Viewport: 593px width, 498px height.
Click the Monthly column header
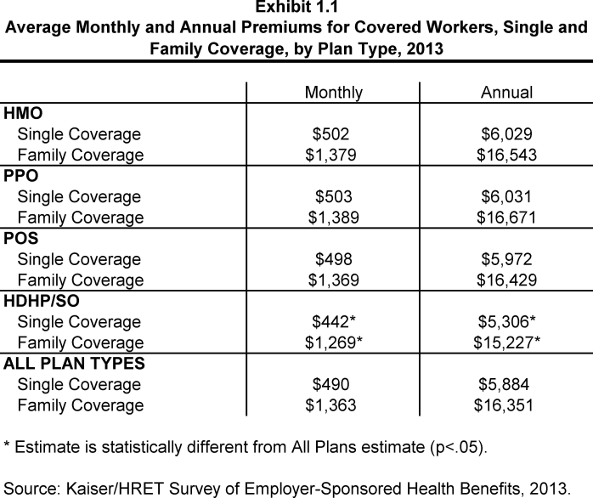tap(334, 93)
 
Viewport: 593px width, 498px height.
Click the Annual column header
tap(507, 93)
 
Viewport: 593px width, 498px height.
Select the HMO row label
tap(24, 113)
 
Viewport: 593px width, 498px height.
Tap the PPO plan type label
tap(22, 176)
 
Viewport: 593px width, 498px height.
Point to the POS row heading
tap(22, 239)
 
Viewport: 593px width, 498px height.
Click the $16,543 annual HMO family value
tap(507, 155)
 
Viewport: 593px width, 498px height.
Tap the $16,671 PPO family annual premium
tap(507, 218)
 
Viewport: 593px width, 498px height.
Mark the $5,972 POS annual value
tap(507, 260)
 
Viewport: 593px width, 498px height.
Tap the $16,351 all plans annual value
tap(507, 406)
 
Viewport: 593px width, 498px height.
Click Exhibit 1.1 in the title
tap(296, 9)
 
